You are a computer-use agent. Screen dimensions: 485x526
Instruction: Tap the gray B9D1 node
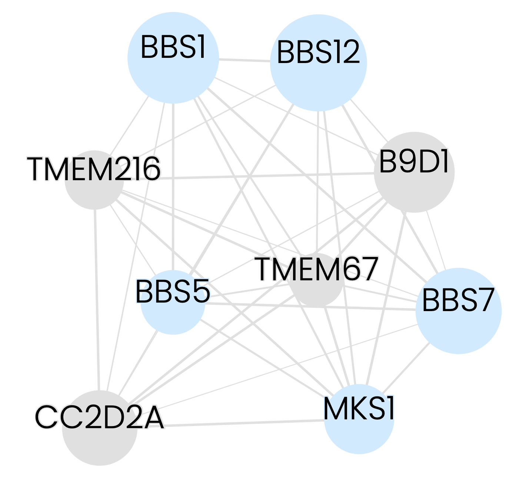pos(414,189)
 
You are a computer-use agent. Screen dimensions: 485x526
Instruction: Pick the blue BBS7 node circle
pos(459,326)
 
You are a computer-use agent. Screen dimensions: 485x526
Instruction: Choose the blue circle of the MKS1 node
pos(359,434)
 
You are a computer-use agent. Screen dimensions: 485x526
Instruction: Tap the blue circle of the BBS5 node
pos(173,315)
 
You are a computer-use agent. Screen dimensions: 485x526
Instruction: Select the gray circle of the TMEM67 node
pos(317,291)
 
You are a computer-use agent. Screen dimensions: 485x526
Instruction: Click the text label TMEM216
pos(94,169)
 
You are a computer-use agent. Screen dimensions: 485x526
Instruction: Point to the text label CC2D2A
pos(99,417)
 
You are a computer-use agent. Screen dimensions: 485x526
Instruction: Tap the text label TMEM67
pos(316,269)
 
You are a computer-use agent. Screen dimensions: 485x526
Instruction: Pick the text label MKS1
pos(359,409)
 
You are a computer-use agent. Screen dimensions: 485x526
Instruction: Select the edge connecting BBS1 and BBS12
pos(244,60)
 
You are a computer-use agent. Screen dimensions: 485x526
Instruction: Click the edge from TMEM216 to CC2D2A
pos(97,297)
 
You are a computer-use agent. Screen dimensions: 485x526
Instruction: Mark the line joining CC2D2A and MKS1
pos(241,423)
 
